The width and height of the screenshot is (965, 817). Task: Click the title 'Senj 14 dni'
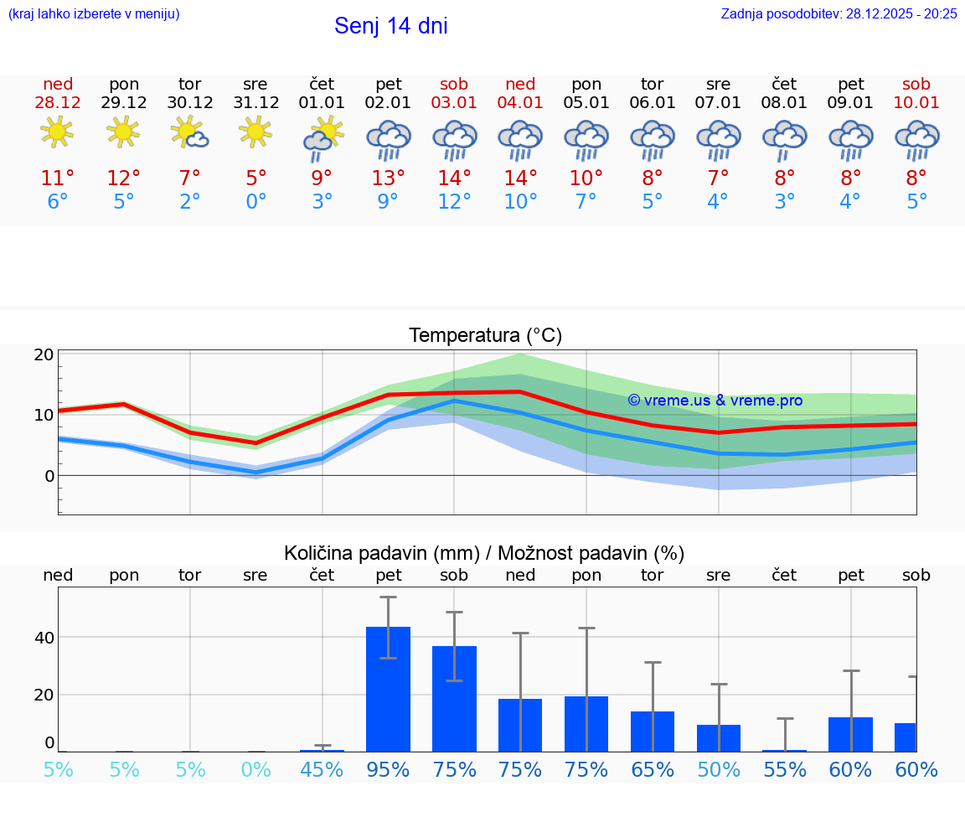click(x=390, y=26)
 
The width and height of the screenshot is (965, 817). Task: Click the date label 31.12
click(x=255, y=102)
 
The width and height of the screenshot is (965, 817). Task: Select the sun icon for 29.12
click(x=124, y=132)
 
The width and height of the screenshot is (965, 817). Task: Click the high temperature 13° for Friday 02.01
click(x=388, y=178)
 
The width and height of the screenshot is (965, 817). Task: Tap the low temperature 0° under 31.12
click(x=255, y=201)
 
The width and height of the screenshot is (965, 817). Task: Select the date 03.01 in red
click(x=454, y=102)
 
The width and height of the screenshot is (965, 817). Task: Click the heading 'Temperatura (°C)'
click(x=485, y=335)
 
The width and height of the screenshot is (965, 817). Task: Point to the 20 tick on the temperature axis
click(x=44, y=354)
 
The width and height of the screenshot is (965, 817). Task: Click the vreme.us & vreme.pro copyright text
click(x=715, y=401)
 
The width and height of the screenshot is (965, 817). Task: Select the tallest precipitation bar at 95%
click(x=388, y=688)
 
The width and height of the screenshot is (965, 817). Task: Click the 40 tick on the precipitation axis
click(x=44, y=638)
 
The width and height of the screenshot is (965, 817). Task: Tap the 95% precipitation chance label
click(x=388, y=769)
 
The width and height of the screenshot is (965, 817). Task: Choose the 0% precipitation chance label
click(x=255, y=769)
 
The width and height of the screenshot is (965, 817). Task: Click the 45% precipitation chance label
click(x=322, y=769)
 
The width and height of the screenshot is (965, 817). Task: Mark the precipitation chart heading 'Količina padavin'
click(x=484, y=553)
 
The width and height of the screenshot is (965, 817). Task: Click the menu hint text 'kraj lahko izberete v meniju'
click(x=94, y=13)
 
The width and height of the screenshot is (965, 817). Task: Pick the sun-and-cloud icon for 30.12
click(x=189, y=132)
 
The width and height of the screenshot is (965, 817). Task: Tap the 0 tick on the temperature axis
click(x=49, y=476)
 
